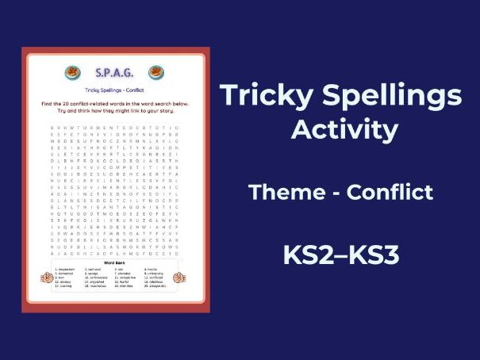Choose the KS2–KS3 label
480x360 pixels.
(x=342, y=255)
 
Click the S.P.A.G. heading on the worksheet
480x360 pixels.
(x=115, y=73)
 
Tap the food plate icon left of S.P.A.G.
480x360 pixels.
(x=72, y=73)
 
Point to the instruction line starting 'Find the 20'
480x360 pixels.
(x=115, y=105)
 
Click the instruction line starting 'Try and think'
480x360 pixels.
(x=115, y=112)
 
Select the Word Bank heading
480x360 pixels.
(x=115, y=262)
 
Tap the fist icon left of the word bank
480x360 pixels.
(x=48, y=278)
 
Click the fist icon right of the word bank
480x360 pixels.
(x=179, y=278)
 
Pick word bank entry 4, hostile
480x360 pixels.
(x=152, y=269)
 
